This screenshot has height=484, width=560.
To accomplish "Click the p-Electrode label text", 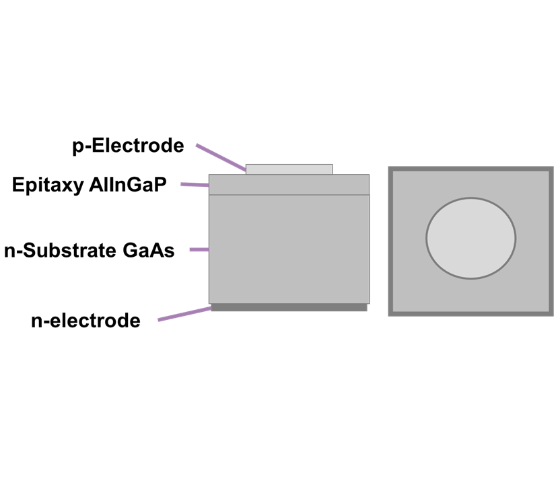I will tap(128, 146).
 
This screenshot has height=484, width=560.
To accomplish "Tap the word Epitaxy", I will tap(47, 185).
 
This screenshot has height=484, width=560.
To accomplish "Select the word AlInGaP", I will tap(127, 185).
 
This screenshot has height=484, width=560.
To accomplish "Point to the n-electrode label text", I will tap(85, 321).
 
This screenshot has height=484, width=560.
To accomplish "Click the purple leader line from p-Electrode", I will tap(221, 157).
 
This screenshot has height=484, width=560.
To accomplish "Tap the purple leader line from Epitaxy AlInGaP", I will tap(195, 184).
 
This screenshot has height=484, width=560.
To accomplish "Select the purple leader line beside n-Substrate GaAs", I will tap(199, 249).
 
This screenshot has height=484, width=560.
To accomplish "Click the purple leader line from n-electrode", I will tap(185, 314).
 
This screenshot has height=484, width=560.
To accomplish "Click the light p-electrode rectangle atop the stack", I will tap(289, 169).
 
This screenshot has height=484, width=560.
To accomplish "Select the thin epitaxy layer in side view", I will tap(289, 184).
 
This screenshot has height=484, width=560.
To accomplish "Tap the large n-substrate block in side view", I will tap(289, 249).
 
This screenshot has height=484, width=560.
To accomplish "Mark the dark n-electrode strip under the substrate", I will tap(289, 307).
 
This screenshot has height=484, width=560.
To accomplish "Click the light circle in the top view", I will tap(470, 238).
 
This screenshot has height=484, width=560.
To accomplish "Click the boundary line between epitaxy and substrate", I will tap(289, 195).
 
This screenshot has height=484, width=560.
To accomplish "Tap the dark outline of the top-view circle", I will tap(427, 238).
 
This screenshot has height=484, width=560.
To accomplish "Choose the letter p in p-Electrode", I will tap(78, 147).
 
